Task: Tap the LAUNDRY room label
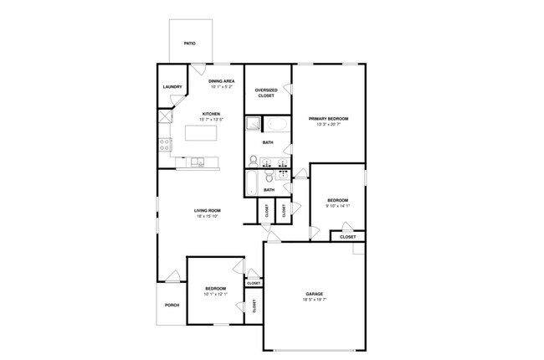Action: click(x=172, y=87)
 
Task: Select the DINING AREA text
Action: click(x=210, y=81)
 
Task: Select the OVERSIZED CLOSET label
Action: click(x=266, y=93)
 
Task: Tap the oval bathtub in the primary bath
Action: click(x=277, y=126)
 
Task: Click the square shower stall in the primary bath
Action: click(x=254, y=126)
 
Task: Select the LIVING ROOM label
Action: click(x=208, y=210)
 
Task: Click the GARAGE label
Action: click(x=314, y=295)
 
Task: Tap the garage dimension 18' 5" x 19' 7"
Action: click(x=314, y=301)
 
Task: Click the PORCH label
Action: click(x=172, y=305)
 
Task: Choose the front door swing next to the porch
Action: click(x=172, y=276)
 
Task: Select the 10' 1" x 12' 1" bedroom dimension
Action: click(x=215, y=295)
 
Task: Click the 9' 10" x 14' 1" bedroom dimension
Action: click(x=337, y=205)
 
